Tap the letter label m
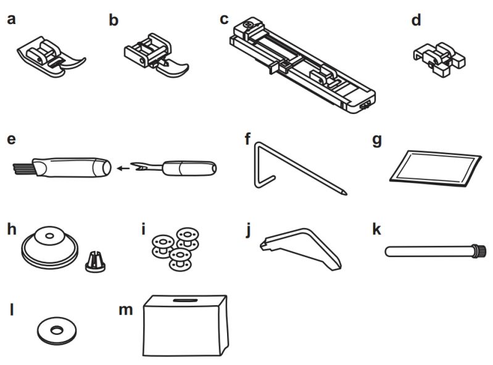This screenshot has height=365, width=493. click(x=125, y=308)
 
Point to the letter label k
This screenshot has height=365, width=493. click(x=377, y=231)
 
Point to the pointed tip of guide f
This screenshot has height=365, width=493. click(x=344, y=194)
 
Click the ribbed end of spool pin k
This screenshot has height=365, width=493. click(x=479, y=250)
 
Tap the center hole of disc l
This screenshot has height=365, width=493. click(x=56, y=330)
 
